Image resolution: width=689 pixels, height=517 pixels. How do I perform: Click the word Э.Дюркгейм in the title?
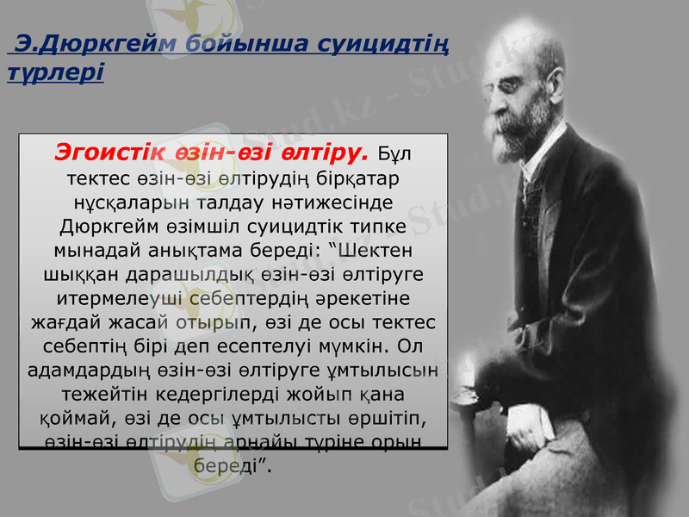coord(82,42)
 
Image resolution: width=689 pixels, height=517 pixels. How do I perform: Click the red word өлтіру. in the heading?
coord(326,153)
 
